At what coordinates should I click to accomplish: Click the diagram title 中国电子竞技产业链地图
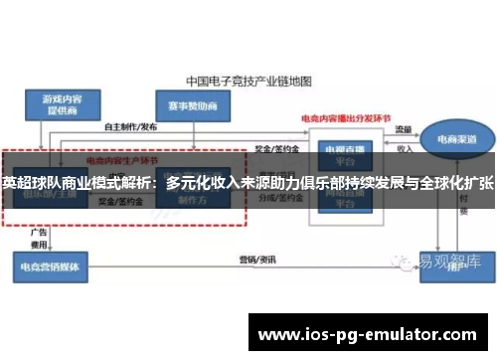point(248,78)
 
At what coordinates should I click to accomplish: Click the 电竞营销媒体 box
point(51,264)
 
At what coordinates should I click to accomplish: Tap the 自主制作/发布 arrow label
point(130,126)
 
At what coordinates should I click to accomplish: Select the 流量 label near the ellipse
point(404,130)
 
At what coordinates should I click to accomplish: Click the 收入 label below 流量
point(405,149)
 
